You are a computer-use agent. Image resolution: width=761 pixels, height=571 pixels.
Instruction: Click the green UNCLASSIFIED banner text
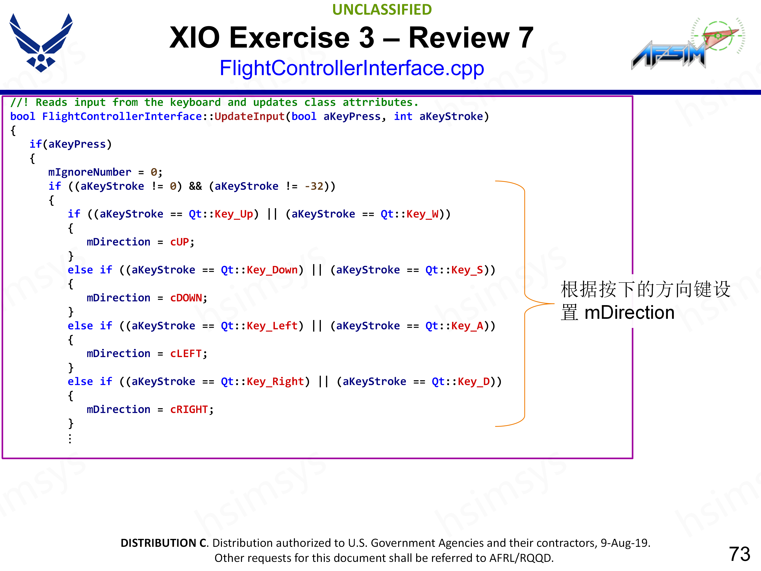pos(382,10)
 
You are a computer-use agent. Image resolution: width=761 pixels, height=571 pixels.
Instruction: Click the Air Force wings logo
pos(41,43)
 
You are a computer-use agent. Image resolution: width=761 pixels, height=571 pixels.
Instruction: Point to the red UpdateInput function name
pos(250,117)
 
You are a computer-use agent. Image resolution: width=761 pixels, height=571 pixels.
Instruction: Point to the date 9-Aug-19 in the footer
pos(624,543)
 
